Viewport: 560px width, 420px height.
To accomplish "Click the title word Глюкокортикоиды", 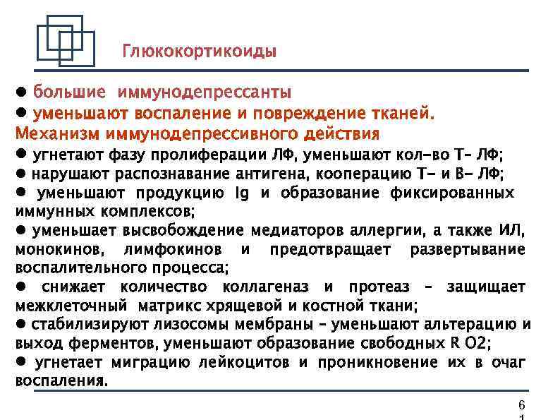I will (x=200, y=52).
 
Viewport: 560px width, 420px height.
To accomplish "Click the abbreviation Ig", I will (x=238, y=193).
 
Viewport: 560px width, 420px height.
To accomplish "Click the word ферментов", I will (x=115, y=344).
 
